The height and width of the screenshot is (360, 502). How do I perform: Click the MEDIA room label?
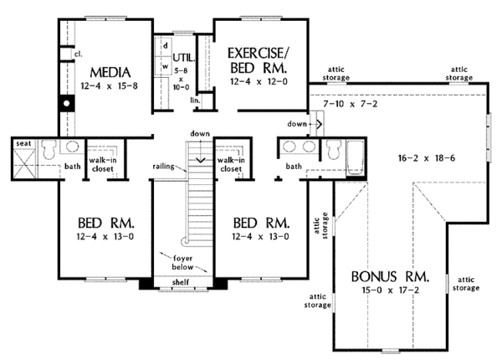[x=110, y=72]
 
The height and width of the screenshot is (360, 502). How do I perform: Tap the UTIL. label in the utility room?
[x=184, y=58]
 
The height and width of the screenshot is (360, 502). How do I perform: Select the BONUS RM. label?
[x=390, y=276]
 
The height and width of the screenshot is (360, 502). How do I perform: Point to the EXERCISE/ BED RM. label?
[x=259, y=60]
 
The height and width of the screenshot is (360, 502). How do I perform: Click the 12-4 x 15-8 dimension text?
[x=110, y=86]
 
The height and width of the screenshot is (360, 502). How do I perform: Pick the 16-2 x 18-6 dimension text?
[x=427, y=158]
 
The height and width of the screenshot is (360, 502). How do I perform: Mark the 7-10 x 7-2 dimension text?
[x=350, y=104]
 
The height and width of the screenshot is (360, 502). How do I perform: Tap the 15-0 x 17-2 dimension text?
[x=390, y=291]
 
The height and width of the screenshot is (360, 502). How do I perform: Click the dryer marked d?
[x=166, y=46]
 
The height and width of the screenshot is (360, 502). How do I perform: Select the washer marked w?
[x=165, y=67]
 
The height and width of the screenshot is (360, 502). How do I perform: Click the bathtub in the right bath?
[x=356, y=157]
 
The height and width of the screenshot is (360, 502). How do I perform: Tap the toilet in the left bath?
[x=49, y=149]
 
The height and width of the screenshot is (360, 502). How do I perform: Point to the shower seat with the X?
[x=24, y=162]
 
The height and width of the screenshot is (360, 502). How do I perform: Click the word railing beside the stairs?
[x=164, y=167]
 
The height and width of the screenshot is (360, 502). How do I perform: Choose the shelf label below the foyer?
[x=181, y=282]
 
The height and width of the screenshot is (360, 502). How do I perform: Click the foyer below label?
[x=182, y=262]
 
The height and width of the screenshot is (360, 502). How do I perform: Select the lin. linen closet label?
[x=195, y=100]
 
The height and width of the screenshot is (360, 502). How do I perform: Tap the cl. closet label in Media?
[x=78, y=54]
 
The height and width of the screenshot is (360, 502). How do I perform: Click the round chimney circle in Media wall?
[x=67, y=104]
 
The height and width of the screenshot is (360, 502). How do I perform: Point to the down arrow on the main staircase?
[x=200, y=151]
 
